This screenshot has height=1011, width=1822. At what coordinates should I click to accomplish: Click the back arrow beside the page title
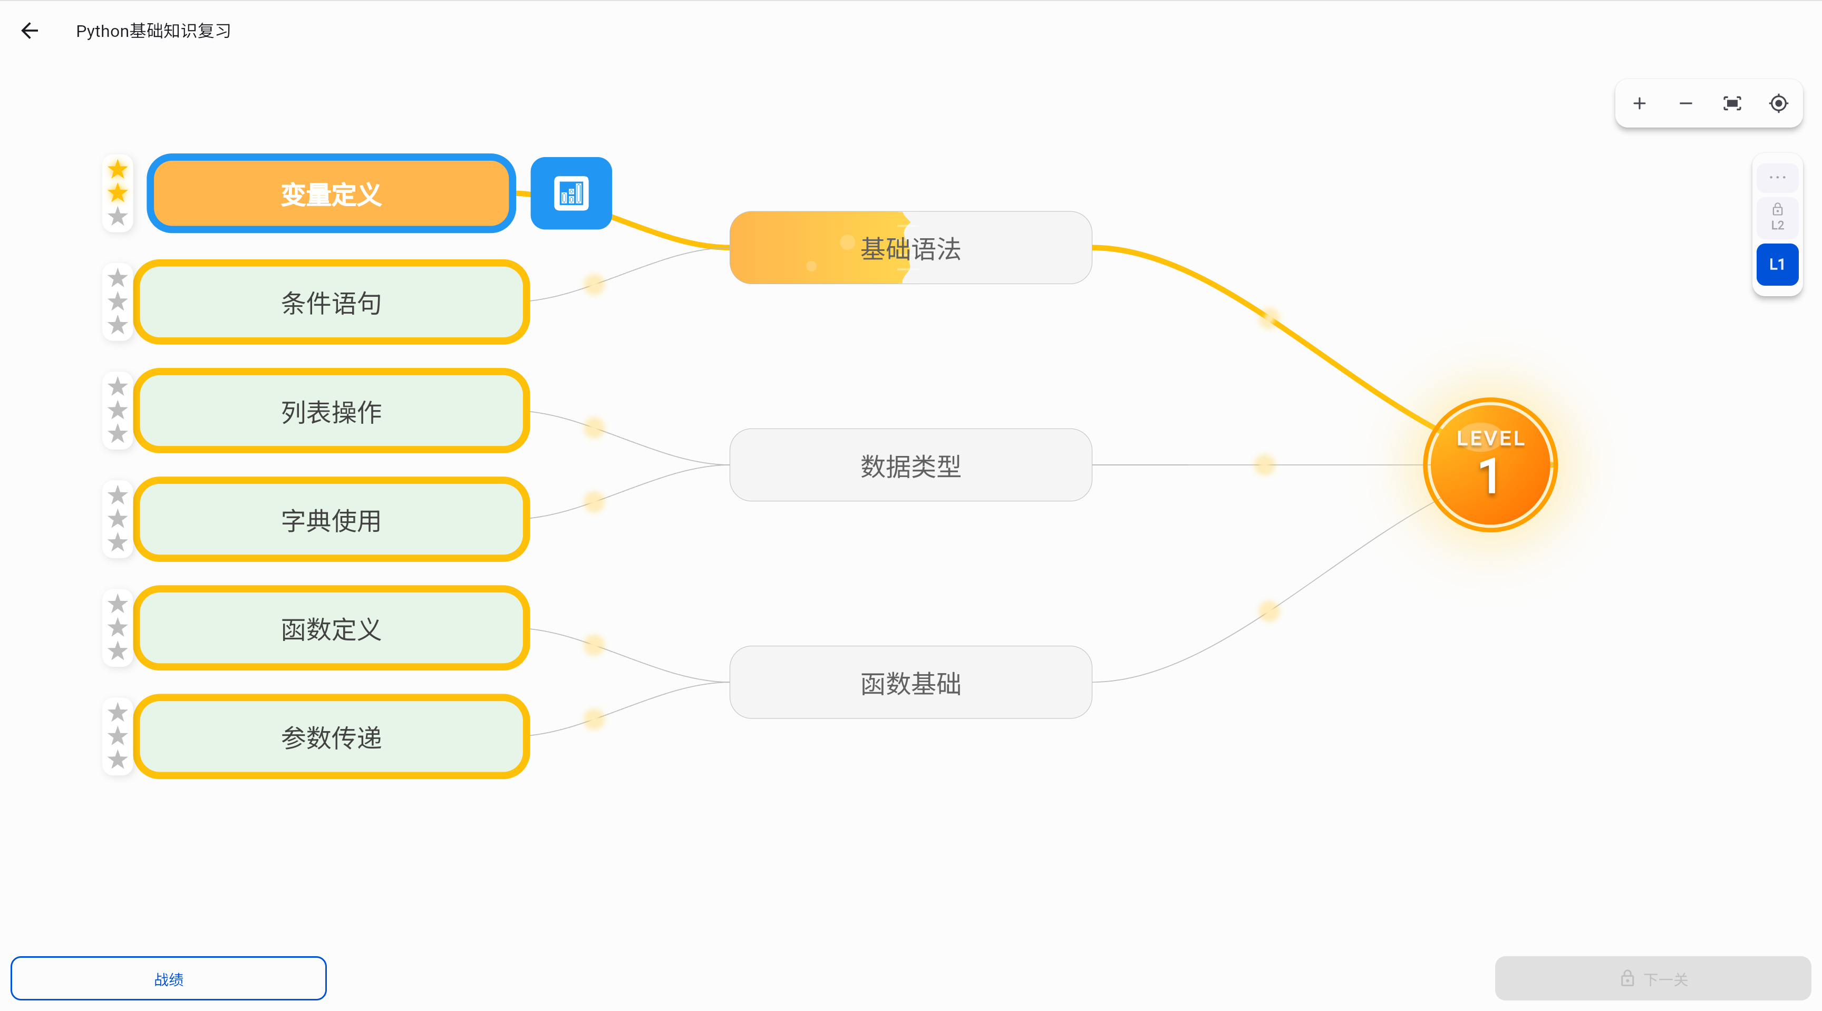pyautogui.click(x=30, y=31)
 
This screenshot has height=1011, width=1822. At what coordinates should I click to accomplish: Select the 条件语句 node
pyautogui.click(x=331, y=302)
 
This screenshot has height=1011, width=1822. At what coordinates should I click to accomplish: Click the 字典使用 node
pyautogui.click(x=331, y=520)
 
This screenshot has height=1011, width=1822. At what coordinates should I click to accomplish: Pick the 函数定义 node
pyautogui.click(x=331, y=628)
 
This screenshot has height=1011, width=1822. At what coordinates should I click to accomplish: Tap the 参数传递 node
pyautogui.click(x=331, y=737)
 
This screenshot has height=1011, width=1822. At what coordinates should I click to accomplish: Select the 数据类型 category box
pyautogui.click(x=910, y=465)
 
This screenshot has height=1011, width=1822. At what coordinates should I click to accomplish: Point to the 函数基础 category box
pyautogui.click(x=910, y=682)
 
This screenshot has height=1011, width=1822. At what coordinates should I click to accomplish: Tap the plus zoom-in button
pyautogui.click(x=1640, y=104)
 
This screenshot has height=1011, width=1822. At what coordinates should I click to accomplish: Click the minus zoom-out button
pyautogui.click(x=1685, y=104)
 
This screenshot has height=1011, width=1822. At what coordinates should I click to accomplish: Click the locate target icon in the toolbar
pyautogui.click(x=1778, y=104)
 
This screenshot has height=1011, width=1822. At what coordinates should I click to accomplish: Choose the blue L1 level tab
pyautogui.click(x=1777, y=265)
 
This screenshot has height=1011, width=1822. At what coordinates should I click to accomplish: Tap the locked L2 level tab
pyautogui.click(x=1777, y=217)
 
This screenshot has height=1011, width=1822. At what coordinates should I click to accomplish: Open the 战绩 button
pyautogui.click(x=168, y=978)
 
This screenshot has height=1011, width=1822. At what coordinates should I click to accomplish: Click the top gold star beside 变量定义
pyautogui.click(x=118, y=170)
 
